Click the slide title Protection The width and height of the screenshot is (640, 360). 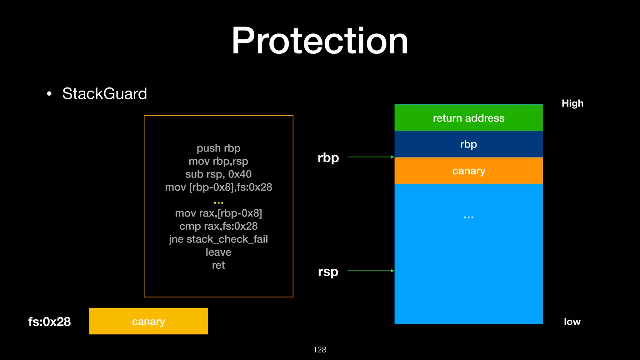pyautogui.click(x=320, y=41)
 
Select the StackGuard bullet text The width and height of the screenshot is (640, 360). pyautogui.click(x=104, y=93)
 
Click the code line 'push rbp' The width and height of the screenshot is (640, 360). pyautogui.click(x=218, y=148)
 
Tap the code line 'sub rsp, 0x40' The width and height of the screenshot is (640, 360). pyautogui.click(x=218, y=174)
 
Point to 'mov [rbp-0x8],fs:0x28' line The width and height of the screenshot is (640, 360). pyautogui.click(x=218, y=187)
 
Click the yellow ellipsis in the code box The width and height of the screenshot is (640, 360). pyautogui.click(x=218, y=202)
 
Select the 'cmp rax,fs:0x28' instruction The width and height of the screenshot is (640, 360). pyautogui.click(x=218, y=226)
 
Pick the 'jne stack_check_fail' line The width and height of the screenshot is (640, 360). pyautogui.click(x=218, y=239)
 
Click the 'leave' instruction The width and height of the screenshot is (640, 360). pyautogui.click(x=218, y=252)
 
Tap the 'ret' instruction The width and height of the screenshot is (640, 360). pyautogui.click(x=218, y=265)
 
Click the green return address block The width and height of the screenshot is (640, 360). pyautogui.click(x=468, y=118)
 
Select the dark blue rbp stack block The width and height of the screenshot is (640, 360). pyautogui.click(x=468, y=144)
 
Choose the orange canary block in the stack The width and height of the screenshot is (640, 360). pyautogui.click(x=468, y=171)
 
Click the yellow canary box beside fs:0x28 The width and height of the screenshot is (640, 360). pyautogui.click(x=148, y=321)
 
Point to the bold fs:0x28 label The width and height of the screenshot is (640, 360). pyautogui.click(x=49, y=322)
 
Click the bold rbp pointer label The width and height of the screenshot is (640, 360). pyautogui.click(x=328, y=157)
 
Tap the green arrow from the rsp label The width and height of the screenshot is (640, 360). pyautogui.click(x=371, y=271)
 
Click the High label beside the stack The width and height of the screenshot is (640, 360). pyautogui.click(x=572, y=103)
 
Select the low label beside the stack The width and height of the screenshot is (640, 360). pyautogui.click(x=572, y=322)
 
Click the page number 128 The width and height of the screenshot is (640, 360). pyautogui.click(x=320, y=349)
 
